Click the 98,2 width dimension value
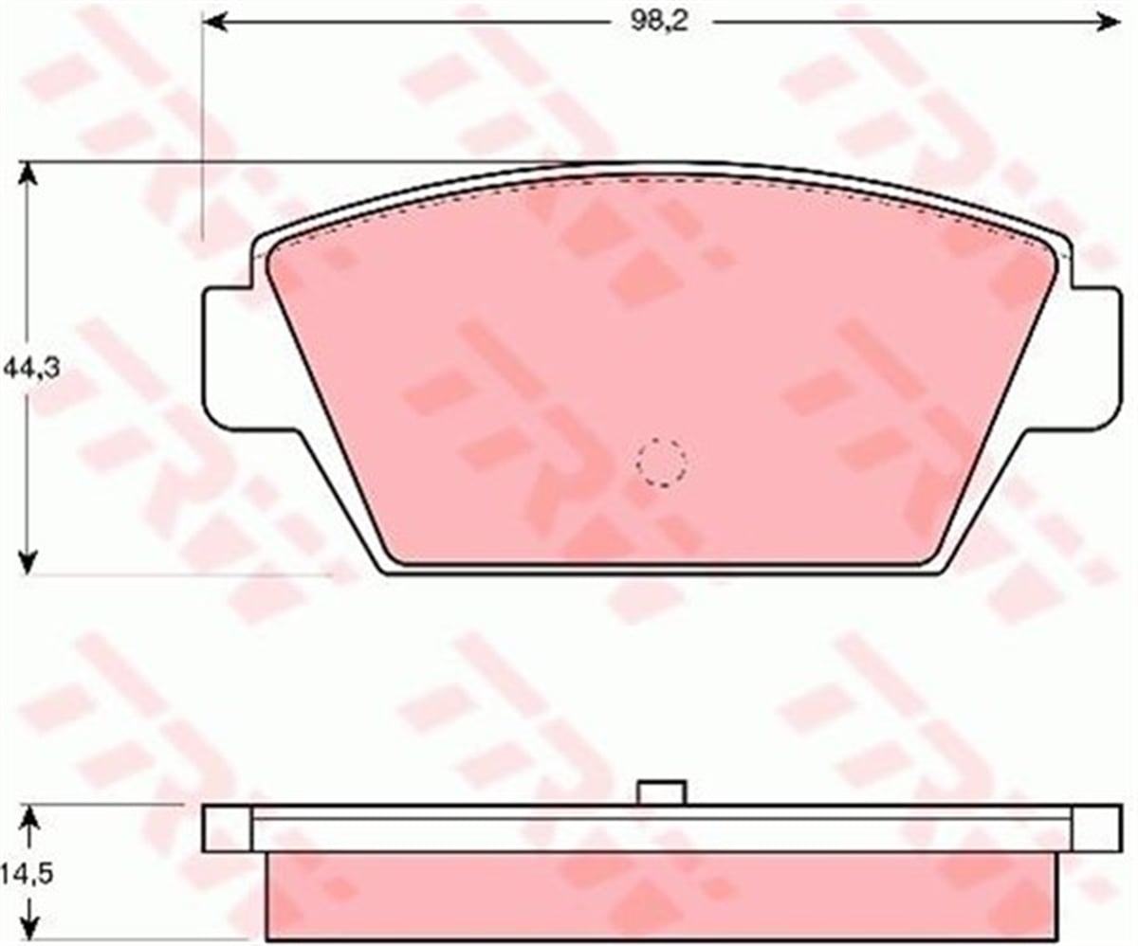661,23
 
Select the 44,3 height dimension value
31,369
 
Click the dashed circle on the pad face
662,463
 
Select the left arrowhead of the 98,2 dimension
215,23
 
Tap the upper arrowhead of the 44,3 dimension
28,174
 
